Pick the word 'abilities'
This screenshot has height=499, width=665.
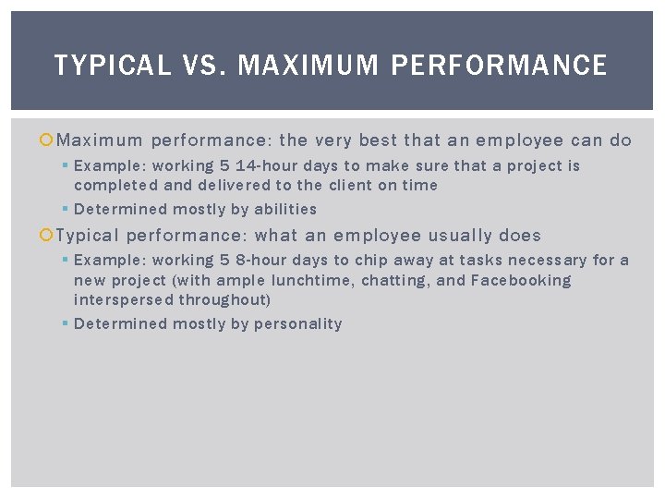(x=285, y=210)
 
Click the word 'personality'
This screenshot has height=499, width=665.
(x=298, y=324)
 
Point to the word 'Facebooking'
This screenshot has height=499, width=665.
(x=522, y=280)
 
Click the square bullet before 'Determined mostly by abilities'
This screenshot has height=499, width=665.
(x=65, y=210)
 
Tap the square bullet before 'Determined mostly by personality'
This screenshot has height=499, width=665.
(x=65, y=324)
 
